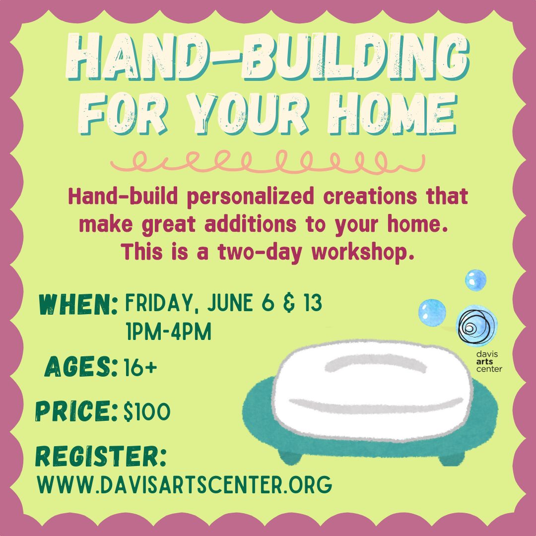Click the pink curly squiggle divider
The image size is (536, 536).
point(268,161)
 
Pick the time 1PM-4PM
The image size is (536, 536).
point(169,331)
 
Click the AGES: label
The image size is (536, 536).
point(81,366)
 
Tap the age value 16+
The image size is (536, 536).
point(140,367)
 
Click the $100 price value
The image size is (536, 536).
point(147,411)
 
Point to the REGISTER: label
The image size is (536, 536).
point(101,457)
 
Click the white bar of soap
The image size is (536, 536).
point(373,390)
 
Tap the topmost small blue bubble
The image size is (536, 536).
point(475,280)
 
